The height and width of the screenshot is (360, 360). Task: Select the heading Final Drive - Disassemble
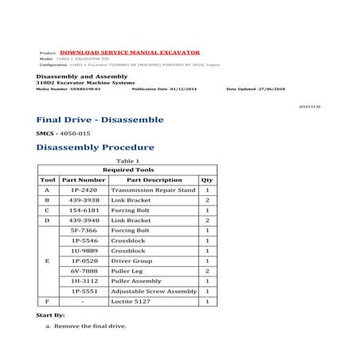(100, 119)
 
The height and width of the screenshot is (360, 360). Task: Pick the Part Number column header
(83, 180)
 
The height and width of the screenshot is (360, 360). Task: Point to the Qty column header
(207, 180)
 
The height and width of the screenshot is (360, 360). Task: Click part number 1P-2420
(83, 190)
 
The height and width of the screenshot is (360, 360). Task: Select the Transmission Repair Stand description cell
(153, 190)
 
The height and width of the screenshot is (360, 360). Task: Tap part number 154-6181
(83, 210)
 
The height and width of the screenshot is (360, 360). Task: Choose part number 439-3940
(83, 220)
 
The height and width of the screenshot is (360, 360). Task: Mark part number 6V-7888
(83, 271)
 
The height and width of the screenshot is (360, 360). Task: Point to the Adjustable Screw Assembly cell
(154, 292)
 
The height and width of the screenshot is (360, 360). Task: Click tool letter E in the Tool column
(47, 260)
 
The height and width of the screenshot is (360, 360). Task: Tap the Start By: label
(50, 316)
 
